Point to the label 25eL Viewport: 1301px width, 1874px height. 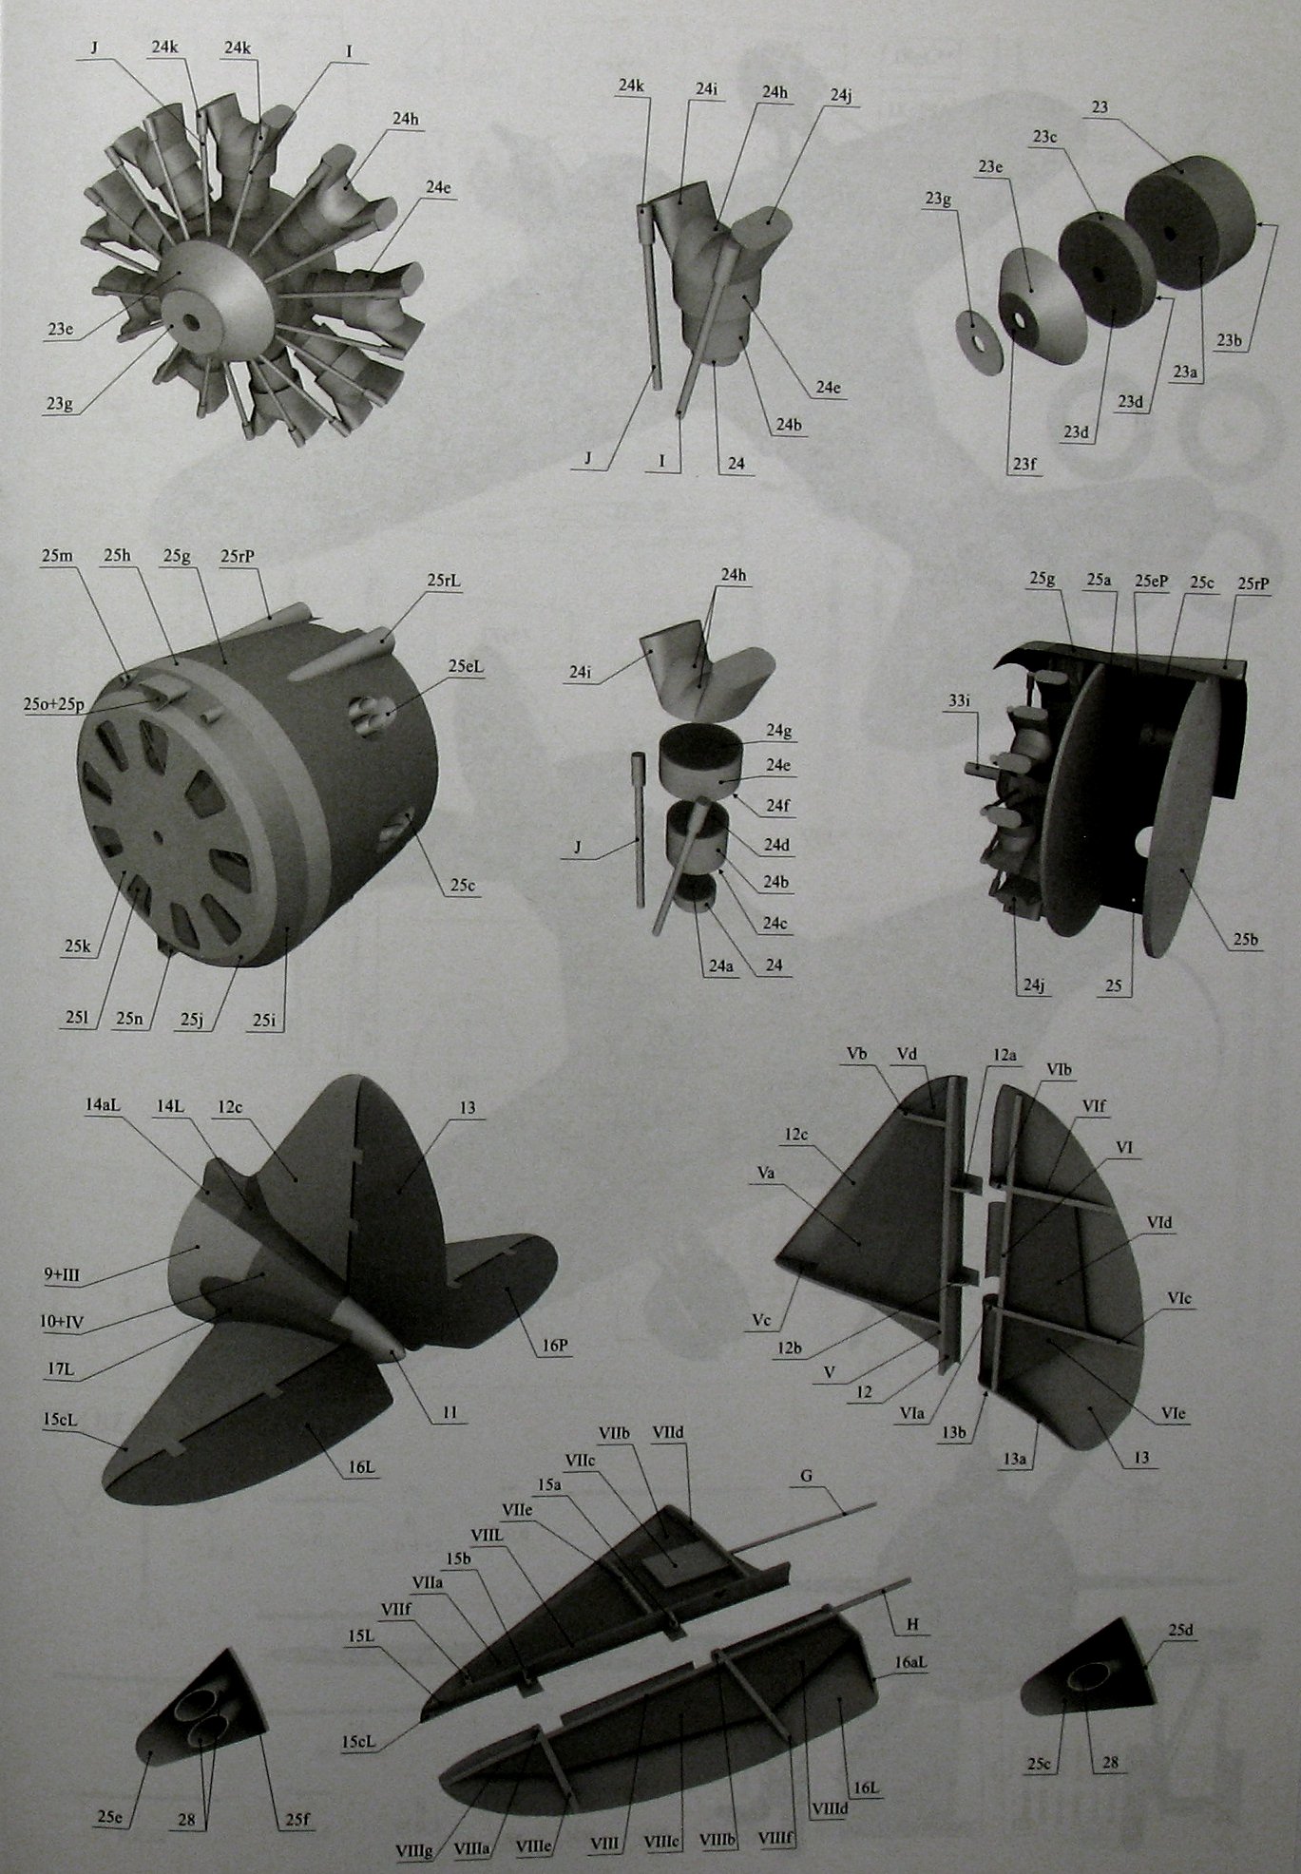[467, 667]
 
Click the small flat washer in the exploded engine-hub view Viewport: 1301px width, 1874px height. [980, 337]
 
